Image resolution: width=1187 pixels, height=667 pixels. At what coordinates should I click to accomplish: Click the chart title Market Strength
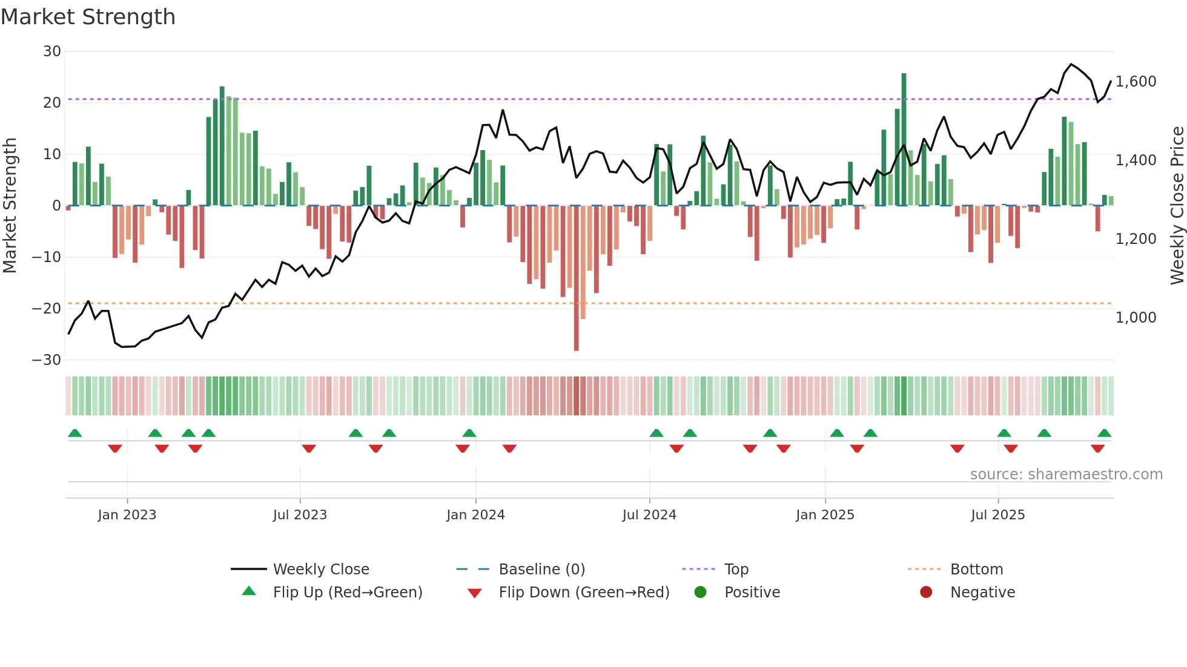[x=88, y=17]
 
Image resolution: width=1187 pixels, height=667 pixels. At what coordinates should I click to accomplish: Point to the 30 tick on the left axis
[x=52, y=51]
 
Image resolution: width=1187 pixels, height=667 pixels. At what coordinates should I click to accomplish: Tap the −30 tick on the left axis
[x=47, y=360]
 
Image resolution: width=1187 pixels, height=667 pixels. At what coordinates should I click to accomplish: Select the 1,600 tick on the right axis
[x=1136, y=82]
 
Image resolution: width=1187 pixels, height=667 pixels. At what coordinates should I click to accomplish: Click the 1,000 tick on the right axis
[x=1136, y=318]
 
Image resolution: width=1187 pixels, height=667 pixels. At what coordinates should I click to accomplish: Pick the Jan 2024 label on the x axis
[x=475, y=515]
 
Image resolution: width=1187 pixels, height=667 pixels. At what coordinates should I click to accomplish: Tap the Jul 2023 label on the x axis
[x=300, y=515]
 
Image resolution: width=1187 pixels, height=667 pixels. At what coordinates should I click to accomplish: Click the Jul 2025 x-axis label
[x=997, y=515]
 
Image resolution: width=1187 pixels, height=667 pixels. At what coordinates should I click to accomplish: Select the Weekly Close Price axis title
[x=1177, y=206]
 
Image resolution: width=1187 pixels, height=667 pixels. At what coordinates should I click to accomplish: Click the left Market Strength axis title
[x=10, y=206]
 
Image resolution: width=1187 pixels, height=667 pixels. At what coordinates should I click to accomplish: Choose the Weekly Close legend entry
[x=320, y=570]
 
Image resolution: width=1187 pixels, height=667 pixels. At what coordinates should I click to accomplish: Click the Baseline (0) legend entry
[x=541, y=570]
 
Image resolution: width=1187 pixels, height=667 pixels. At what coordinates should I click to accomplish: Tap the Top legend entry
[x=736, y=570]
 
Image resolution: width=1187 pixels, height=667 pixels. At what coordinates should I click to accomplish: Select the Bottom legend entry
[x=976, y=570]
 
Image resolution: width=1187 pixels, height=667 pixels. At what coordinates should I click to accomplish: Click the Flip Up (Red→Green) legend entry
[x=347, y=593]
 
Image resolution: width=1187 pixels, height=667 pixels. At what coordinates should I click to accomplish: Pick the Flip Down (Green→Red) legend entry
[x=584, y=593]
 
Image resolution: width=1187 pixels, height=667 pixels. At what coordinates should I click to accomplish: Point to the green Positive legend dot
[x=701, y=593]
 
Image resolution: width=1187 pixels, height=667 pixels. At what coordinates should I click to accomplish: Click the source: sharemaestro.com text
[x=1066, y=475]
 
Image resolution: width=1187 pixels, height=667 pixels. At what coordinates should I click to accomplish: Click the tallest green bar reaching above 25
[x=904, y=139]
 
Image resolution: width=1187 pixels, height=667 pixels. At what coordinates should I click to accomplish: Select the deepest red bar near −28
[x=576, y=278]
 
